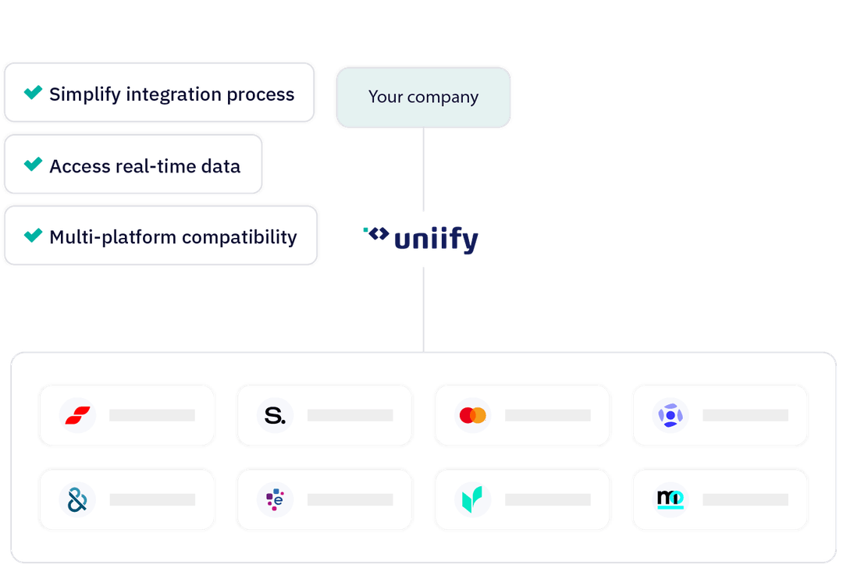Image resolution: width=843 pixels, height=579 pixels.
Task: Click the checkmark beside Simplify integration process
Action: (33, 93)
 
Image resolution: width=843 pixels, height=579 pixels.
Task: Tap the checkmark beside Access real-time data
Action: (33, 164)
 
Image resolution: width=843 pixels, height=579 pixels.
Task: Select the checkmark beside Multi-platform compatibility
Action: (33, 235)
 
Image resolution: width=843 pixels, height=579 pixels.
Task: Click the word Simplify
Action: (84, 94)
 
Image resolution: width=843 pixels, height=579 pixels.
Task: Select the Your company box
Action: (423, 98)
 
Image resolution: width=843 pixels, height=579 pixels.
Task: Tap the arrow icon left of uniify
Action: (377, 233)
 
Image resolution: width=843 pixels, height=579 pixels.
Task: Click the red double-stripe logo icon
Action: (77, 416)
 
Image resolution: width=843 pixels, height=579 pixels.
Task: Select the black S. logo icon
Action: (275, 416)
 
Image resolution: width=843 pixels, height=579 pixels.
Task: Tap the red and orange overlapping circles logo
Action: (472, 416)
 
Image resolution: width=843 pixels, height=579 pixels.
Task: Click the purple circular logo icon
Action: (670, 416)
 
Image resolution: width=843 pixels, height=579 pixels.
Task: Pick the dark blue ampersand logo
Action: (77, 499)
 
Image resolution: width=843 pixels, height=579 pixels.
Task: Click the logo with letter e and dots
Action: (275, 499)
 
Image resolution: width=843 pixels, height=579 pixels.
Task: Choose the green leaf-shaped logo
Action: (472, 499)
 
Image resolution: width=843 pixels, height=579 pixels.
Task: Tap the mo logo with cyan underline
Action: (670, 499)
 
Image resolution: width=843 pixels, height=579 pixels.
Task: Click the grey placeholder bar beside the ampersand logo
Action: (152, 499)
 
